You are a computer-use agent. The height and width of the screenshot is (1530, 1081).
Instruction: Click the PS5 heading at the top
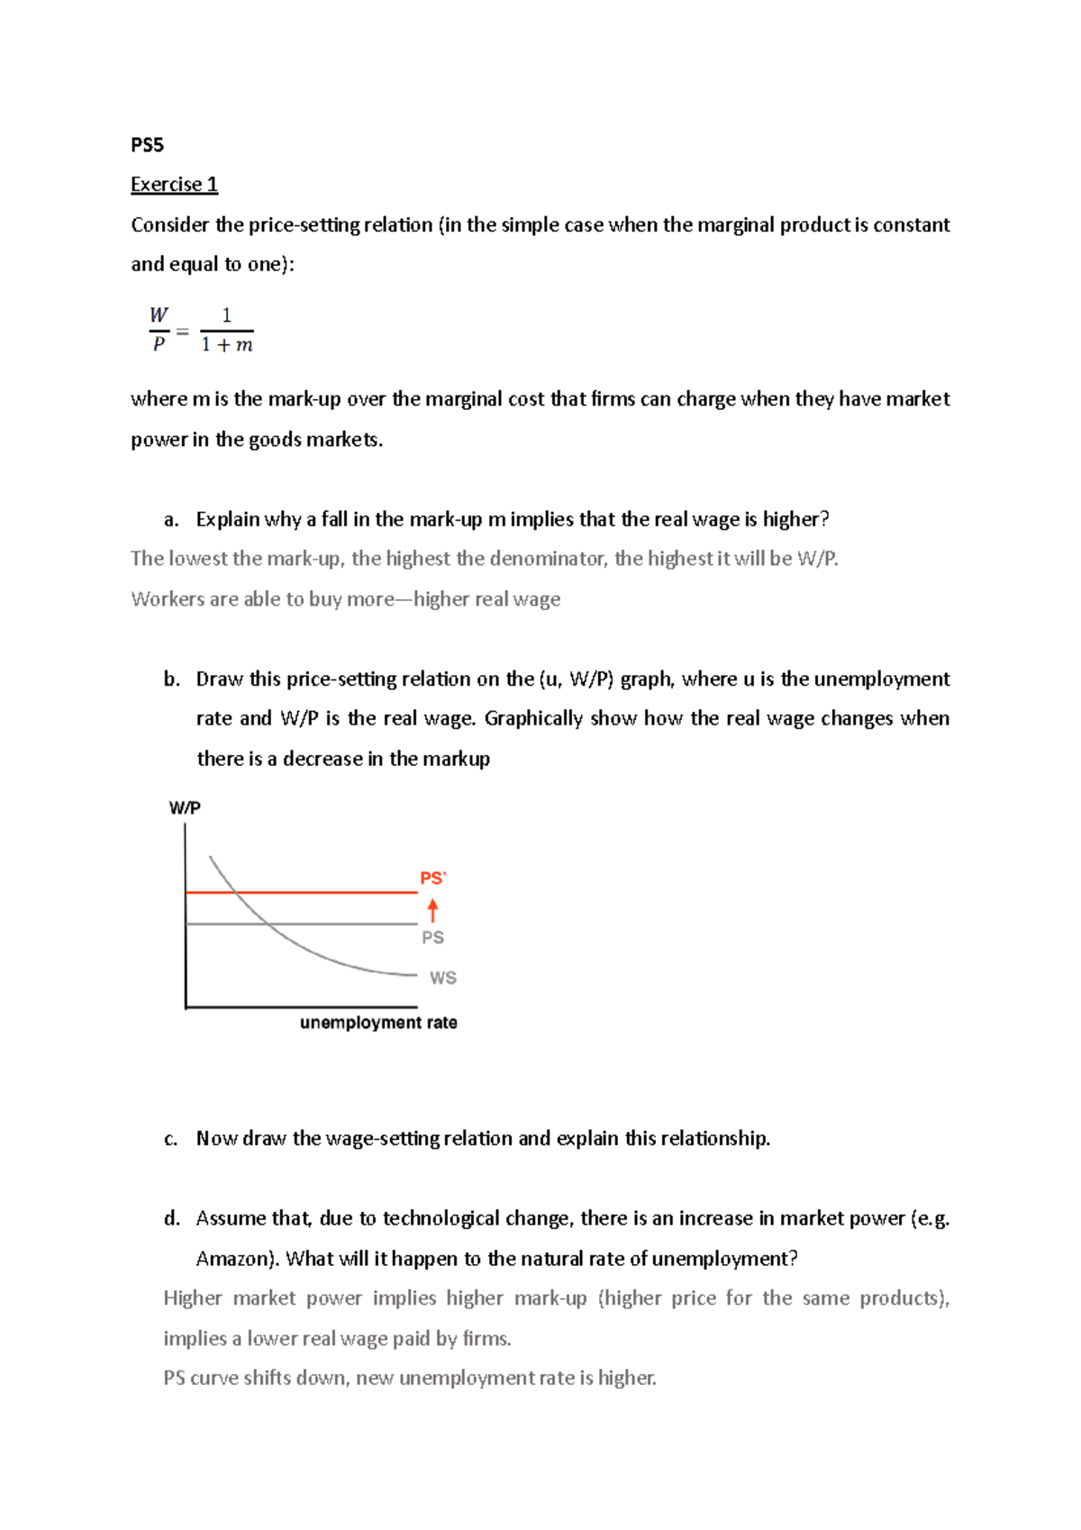pyautogui.click(x=147, y=145)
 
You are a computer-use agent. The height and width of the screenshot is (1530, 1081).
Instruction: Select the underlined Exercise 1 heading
pyautogui.click(x=174, y=185)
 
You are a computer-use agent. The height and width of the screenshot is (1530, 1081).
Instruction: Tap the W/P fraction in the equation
pyautogui.click(x=159, y=330)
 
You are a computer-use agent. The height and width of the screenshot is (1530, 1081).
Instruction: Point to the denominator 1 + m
pyautogui.click(x=227, y=345)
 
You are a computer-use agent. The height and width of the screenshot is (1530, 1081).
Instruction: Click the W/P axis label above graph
pyautogui.click(x=185, y=808)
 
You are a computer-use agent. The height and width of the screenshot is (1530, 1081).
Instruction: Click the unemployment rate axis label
pyautogui.click(x=378, y=1023)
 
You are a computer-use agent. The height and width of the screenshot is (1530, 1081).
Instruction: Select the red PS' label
pyautogui.click(x=433, y=879)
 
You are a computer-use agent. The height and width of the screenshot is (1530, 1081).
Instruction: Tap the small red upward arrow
pyautogui.click(x=432, y=910)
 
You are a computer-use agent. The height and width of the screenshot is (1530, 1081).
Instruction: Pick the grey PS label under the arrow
pyautogui.click(x=432, y=938)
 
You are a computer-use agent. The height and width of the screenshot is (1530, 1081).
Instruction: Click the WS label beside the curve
pyautogui.click(x=442, y=978)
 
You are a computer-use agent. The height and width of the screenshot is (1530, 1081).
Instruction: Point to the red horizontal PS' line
pyautogui.click(x=342, y=892)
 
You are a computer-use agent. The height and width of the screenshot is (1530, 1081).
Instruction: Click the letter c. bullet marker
pyautogui.click(x=171, y=1139)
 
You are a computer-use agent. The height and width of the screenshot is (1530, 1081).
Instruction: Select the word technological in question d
pyautogui.click(x=441, y=1219)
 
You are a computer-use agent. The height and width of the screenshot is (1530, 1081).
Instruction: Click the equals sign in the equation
pyautogui.click(x=183, y=332)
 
